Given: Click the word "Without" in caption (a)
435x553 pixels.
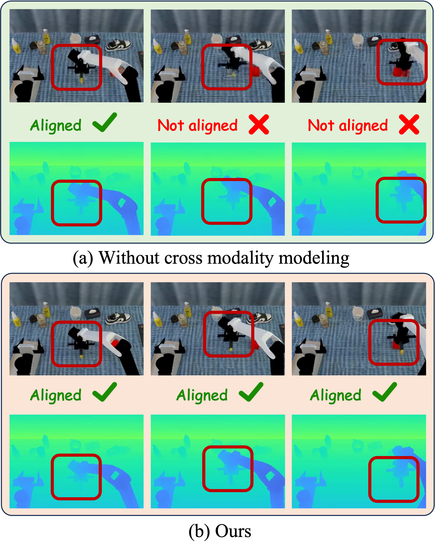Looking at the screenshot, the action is (129, 258).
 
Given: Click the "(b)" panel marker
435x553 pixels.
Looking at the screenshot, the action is (199, 532).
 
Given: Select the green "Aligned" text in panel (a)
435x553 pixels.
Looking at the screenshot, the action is (56, 125).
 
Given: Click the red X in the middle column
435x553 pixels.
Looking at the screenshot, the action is (259, 124).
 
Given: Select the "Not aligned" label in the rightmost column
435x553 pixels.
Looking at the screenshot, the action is (348, 125).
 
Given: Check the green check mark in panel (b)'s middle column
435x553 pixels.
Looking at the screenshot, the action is (251, 392).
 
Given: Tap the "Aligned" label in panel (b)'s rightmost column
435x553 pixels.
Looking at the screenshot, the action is (335, 395).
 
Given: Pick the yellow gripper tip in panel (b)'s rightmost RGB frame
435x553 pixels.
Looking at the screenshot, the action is (402, 352).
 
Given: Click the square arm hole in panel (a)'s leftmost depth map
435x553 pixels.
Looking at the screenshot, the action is (122, 203).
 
